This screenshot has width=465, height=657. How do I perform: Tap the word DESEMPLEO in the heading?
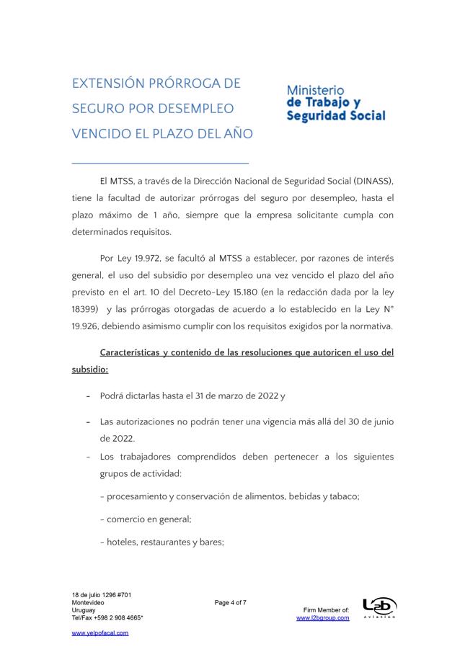[x=195, y=109]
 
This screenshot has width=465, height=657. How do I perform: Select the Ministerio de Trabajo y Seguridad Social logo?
[x=335, y=103]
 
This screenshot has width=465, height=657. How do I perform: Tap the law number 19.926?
[x=86, y=326]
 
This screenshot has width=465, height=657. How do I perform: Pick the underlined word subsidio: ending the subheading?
[x=90, y=370]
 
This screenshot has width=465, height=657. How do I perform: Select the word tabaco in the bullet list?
[x=343, y=496]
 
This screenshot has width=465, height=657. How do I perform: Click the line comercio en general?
[x=149, y=519]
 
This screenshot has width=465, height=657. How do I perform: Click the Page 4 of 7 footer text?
[x=231, y=603]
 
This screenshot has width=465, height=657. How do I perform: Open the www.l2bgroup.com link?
[x=322, y=618]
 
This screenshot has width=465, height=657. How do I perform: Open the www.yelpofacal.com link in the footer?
[x=100, y=633]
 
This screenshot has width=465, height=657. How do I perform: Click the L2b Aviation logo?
[x=379, y=608]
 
